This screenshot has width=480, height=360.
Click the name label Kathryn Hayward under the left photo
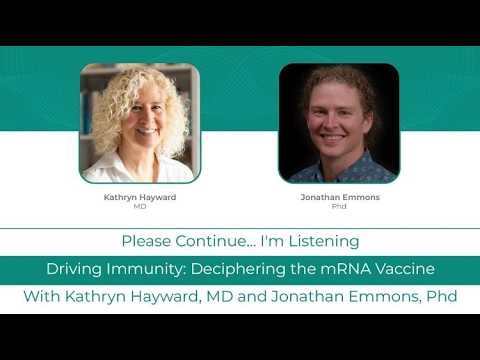pyautogui.click(x=139, y=197)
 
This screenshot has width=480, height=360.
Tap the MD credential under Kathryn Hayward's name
pyautogui.click(x=139, y=207)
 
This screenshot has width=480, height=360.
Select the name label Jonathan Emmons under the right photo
pyautogui.click(x=338, y=197)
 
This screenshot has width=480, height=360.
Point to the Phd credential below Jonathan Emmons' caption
pyautogui.click(x=338, y=207)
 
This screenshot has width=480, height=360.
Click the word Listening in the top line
pyautogui.click(x=324, y=241)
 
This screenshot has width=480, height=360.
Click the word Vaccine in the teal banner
pyautogui.click(x=404, y=269)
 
